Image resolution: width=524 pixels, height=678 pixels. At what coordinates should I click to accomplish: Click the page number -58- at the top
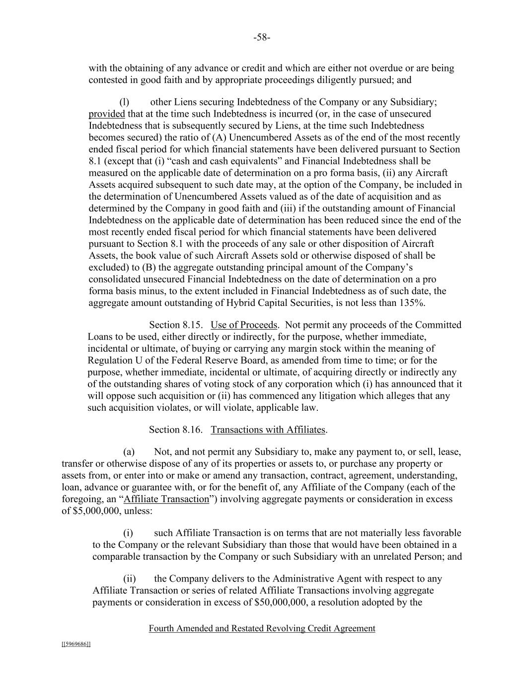tap(262, 37)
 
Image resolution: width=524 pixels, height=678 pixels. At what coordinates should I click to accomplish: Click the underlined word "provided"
tap(106, 114)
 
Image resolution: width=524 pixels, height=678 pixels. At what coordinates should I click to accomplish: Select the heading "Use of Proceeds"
tap(244, 325)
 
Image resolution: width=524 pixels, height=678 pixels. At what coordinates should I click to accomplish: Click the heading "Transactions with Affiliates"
tap(268, 430)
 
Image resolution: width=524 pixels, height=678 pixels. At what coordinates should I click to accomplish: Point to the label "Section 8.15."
tap(176, 325)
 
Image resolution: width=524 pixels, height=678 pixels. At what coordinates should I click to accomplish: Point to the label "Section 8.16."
tap(175, 430)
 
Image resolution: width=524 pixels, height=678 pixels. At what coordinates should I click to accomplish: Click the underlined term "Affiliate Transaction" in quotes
tap(166, 499)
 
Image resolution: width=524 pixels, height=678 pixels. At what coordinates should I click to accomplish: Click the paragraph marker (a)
tap(129, 452)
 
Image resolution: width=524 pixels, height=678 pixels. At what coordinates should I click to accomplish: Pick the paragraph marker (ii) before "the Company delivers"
tap(129, 579)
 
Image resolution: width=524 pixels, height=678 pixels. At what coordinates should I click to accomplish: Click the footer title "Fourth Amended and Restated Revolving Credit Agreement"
tap(262, 628)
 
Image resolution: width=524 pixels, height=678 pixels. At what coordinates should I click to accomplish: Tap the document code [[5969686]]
tap(76, 644)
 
